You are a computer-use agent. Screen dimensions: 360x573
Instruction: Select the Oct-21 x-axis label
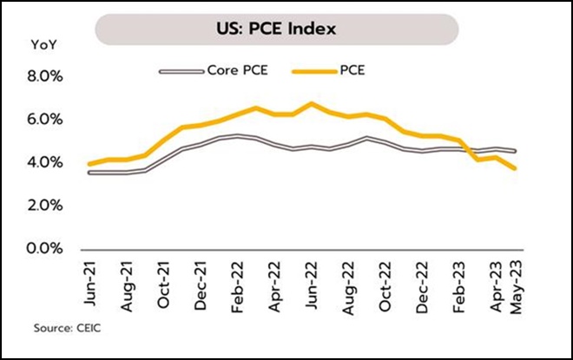click(165, 282)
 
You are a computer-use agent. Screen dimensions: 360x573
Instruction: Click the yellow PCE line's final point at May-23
click(516, 168)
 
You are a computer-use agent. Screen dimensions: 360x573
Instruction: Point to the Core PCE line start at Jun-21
click(90, 173)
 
